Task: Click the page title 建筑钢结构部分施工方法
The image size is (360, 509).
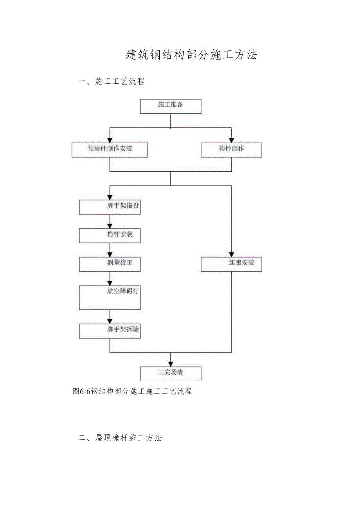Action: click(191, 55)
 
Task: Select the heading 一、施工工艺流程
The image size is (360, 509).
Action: click(112, 81)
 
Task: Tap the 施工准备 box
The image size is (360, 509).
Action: click(171, 106)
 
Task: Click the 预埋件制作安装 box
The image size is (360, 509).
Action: click(110, 150)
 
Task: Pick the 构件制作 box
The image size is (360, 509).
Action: click(231, 150)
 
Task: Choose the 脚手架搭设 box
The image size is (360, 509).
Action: click(110, 207)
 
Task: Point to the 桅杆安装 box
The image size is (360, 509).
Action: click(110, 236)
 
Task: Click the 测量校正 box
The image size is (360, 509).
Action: click(110, 264)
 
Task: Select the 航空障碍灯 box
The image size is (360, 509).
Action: click(110, 297)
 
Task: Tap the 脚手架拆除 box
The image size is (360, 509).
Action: click(110, 331)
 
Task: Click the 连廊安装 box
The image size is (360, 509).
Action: click(231, 264)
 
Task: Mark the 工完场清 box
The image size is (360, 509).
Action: click(171, 373)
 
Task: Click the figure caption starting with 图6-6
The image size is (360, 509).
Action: click(133, 391)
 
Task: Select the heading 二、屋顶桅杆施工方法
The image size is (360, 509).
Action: click(120, 438)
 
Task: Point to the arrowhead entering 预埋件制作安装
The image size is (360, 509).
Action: click(110, 140)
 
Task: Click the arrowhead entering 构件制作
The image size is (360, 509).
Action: click(231, 140)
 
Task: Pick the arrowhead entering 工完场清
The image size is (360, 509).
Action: click(171, 363)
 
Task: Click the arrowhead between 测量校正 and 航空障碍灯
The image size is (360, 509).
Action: click(110, 282)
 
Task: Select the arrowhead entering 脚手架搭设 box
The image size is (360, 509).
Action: click(110, 197)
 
